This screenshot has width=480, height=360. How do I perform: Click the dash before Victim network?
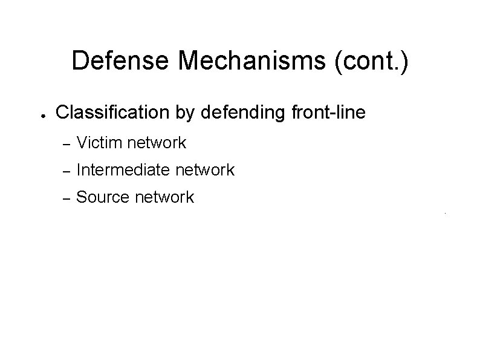68,144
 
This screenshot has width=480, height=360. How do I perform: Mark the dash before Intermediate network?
68,171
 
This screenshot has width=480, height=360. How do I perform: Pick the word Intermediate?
123,171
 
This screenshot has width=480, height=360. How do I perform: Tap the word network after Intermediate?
206,171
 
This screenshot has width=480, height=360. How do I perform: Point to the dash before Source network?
68,198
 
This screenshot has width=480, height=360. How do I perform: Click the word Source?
100,197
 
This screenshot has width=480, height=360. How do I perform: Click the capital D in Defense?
79,61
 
